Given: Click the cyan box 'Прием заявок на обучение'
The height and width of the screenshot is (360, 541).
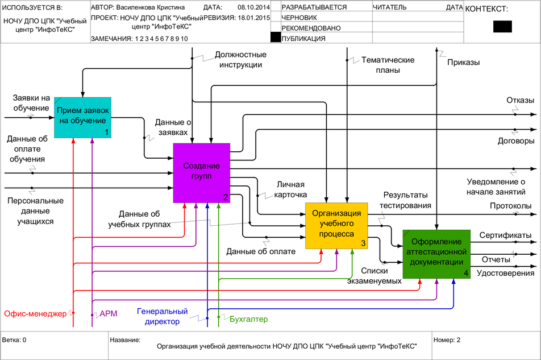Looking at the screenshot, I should point(82,117).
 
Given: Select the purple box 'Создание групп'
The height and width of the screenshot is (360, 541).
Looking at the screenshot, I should point(201,172).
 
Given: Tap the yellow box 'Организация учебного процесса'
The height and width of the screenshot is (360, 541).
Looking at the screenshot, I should point(337,225).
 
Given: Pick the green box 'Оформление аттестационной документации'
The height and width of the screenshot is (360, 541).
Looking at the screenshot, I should point(436,254).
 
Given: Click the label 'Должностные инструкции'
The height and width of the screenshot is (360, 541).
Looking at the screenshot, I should point(240,60).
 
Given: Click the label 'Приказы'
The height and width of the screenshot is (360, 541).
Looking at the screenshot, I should point(463,62).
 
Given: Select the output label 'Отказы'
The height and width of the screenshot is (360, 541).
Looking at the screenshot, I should point(520,100).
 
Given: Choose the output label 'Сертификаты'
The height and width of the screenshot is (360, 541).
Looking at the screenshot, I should point(505,235).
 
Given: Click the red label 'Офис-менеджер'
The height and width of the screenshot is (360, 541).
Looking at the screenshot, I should point(35,313).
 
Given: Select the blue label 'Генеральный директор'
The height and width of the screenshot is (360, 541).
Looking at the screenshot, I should point(163,317).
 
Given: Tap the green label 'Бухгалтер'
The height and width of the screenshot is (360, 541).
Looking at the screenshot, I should point(249,319).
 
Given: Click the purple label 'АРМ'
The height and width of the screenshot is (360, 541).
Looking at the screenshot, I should point(109,313).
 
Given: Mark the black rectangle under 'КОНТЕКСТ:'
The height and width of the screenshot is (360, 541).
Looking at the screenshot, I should point(502,27).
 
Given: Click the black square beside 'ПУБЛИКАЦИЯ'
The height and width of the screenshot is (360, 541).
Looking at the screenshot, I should point(276,38).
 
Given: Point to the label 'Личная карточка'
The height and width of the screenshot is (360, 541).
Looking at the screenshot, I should point(291,189).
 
